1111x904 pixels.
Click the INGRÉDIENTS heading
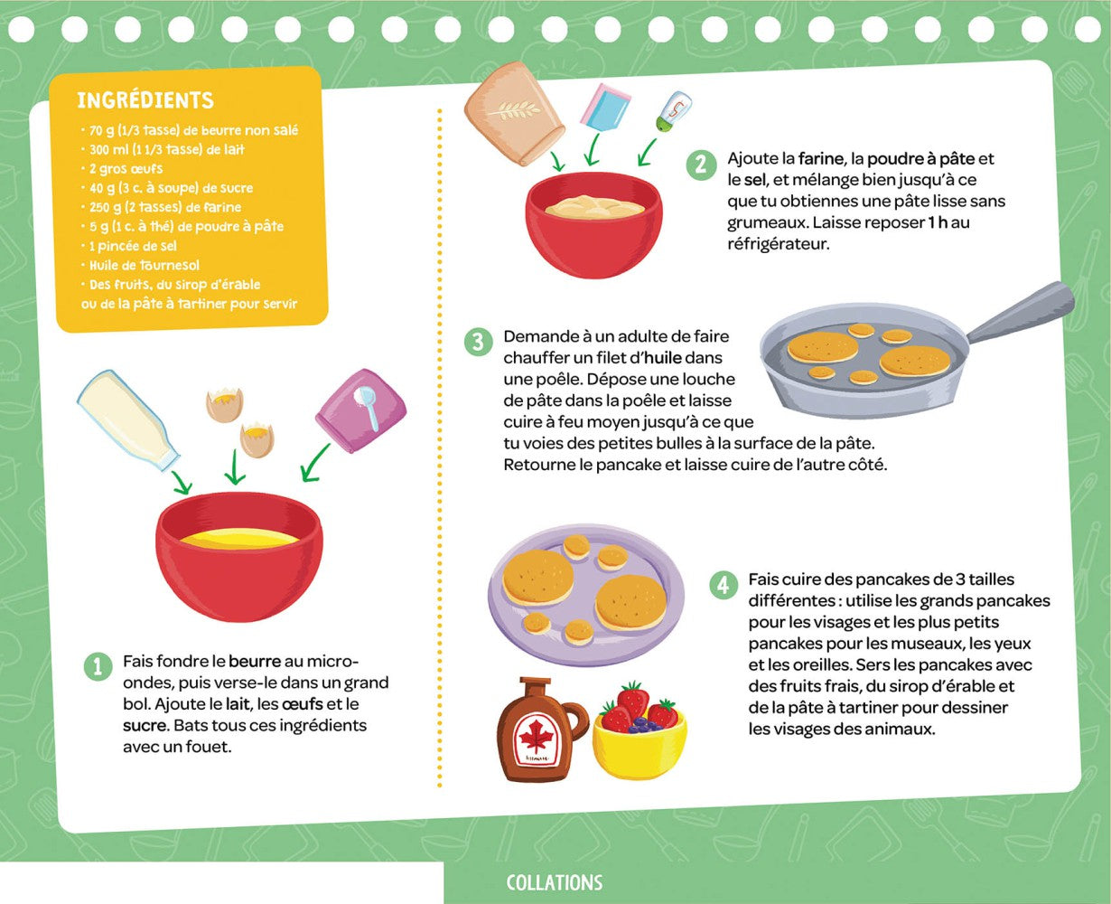[145, 100]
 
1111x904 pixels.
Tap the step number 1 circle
[97, 666]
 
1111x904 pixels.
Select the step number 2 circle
[700, 165]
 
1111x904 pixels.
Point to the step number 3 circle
[478, 342]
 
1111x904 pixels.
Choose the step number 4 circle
[722, 585]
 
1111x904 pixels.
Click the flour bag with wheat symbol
[511, 112]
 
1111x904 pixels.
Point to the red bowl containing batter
[593, 224]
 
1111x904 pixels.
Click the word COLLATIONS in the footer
[554, 882]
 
